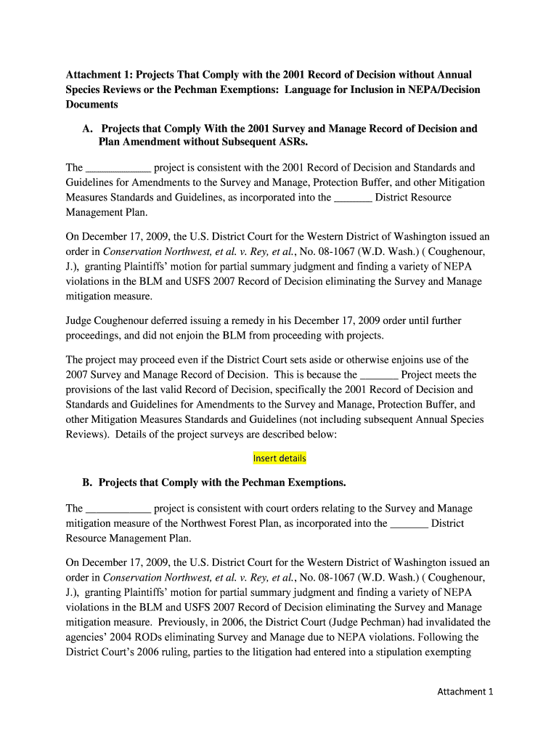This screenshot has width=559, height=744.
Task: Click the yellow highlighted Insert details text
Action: (279, 458)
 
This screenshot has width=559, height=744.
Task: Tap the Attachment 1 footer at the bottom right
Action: (465, 692)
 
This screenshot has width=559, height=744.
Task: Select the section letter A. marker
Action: (87, 129)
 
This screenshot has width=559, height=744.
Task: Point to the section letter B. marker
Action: (87, 482)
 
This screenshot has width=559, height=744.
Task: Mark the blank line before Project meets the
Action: (379, 375)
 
